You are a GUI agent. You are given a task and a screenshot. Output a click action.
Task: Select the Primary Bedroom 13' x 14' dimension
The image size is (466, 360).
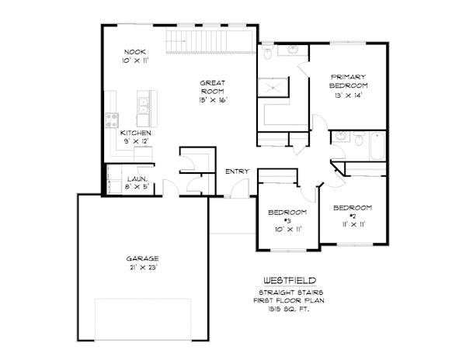click(x=348, y=95)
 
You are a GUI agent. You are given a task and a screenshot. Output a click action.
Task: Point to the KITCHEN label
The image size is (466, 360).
click(x=135, y=133)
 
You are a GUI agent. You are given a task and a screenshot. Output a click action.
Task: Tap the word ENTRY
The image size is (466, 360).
click(x=236, y=171)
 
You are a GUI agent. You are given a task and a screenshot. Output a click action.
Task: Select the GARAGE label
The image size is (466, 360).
click(x=143, y=258)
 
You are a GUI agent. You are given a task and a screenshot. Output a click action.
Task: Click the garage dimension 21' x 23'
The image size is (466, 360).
click(x=143, y=267)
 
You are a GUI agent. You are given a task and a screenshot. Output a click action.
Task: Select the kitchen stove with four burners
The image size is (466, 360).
click(x=111, y=120)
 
